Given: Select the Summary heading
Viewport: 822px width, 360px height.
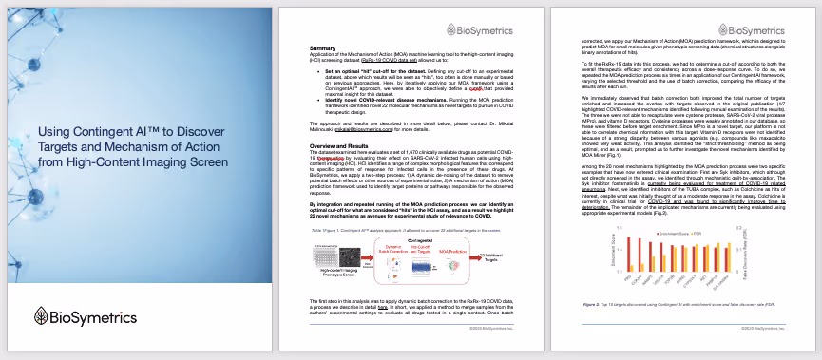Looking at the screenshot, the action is tap(324, 47).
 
